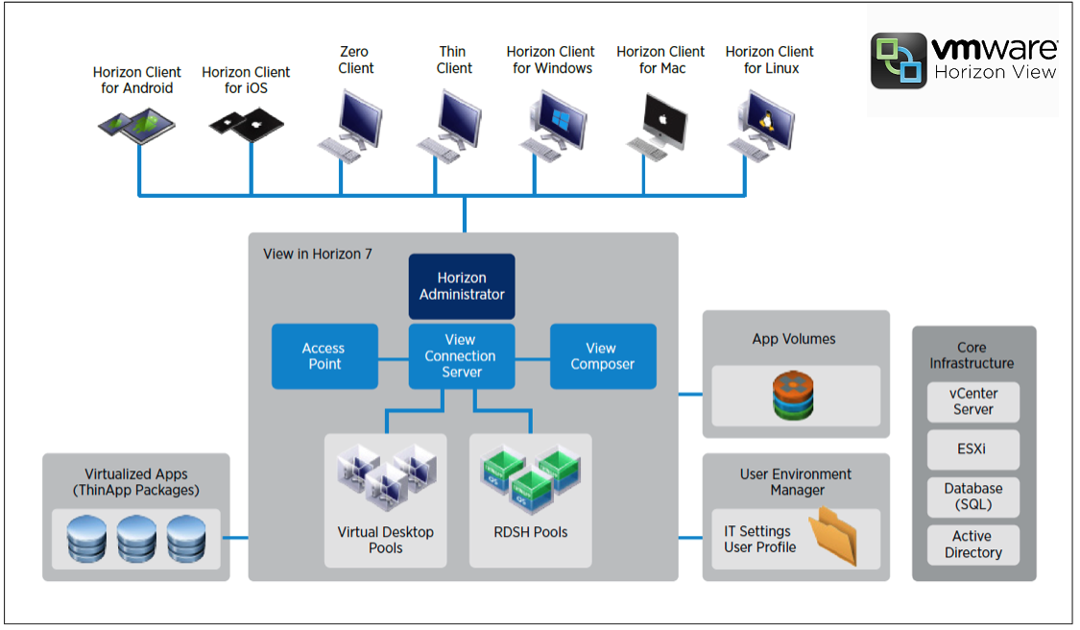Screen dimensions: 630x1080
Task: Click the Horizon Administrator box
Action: [x=462, y=286]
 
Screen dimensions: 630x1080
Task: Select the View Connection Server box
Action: [x=462, y=355]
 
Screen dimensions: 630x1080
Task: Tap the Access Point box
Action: [x=324, y=356]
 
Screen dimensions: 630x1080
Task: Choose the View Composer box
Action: [x=603, y=356]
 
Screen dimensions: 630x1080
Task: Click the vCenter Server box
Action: [x=973, y=401]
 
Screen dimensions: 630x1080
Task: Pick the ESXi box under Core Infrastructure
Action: [x=973, y=448]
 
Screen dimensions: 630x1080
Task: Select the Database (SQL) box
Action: [x=973, y=497]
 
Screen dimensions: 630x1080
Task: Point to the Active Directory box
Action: [x=973, y=545]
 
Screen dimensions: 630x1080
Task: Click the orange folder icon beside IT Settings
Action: [x=831, y=538]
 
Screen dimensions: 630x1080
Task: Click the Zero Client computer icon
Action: [x=350, y=125]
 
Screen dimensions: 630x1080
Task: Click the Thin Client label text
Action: [x=454, y=60]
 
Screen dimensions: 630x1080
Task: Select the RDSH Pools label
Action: [x=530, y=532]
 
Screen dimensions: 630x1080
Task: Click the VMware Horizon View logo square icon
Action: [x=900, y=61]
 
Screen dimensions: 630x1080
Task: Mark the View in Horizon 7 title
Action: [x=317, y=254]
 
